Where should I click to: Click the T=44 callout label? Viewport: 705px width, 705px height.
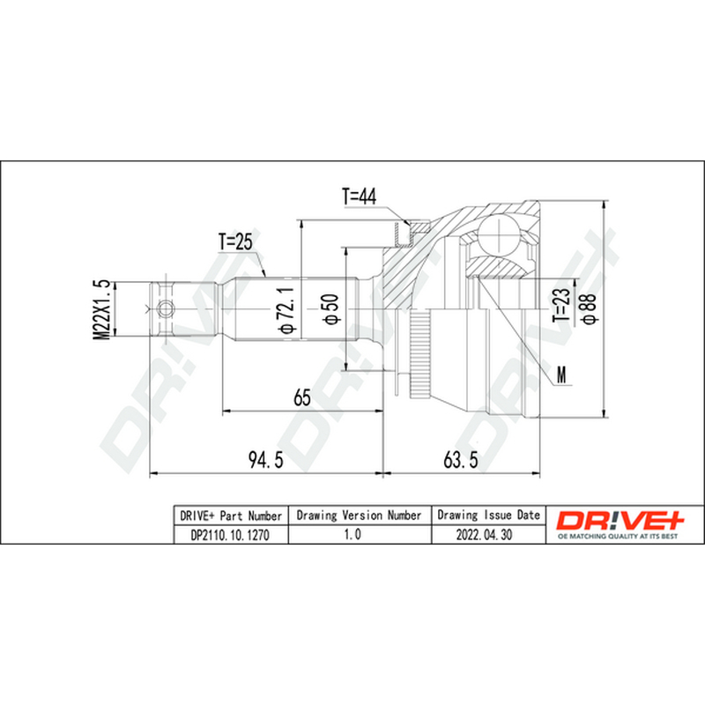click(x=360, y=197)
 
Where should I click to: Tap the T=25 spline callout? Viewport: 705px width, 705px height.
click(x=235, y=241)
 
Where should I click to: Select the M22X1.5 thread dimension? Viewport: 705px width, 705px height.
click(x=101, y=309)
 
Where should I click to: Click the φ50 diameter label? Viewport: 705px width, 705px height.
click(x=331, y=309)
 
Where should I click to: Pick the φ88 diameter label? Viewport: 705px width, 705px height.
click(x=589, y=308)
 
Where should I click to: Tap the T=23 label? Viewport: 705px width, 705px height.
click(x=561, y=304)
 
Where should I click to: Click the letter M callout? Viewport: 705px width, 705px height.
click(x=561, y=374)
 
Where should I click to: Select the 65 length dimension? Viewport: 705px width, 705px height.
click(x=302, y=397)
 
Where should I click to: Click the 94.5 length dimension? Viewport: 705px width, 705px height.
click(x=266, y=459)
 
